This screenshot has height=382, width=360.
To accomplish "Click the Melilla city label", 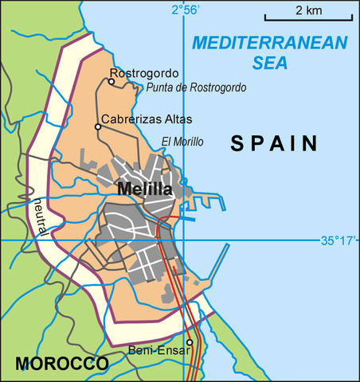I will pos(144,189).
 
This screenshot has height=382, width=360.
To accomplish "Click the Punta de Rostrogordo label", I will pos(196,88).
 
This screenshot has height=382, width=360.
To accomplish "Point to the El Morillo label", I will pos(182,142).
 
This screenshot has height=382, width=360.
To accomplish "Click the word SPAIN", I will pos(275,143).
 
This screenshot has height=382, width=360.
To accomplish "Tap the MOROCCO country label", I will pos(61,364).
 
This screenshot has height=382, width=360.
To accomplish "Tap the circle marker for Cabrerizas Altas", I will pos(98,127).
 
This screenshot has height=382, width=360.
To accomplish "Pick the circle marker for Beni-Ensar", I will pos(190,343).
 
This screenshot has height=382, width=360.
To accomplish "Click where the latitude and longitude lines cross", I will pos(184,240).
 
